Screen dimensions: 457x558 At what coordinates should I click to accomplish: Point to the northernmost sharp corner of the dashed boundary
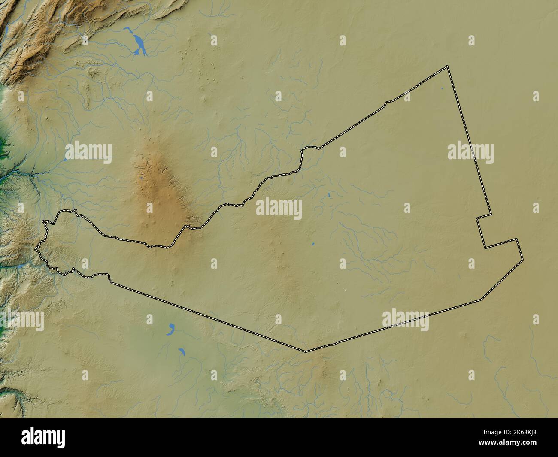[x=447, y=67]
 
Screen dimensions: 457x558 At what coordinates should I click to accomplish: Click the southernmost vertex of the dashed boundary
[x=306, y=351]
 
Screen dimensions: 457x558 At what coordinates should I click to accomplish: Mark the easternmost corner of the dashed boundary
[x=522, y=260]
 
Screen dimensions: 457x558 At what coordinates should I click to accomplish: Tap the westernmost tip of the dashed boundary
[x=37, y=248]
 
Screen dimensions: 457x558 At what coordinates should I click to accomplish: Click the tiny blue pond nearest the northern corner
[x=442, y=89]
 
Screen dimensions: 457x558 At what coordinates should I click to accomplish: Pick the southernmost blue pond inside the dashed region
[x=313, y=245]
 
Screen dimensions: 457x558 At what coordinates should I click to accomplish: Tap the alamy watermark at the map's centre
[x=279, y=209]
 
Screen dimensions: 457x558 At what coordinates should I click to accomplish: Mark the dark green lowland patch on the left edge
[x=3, y=142]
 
